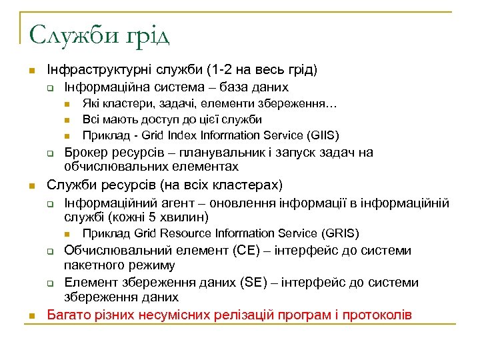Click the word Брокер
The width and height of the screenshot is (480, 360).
(85, 153)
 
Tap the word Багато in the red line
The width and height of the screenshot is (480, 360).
(67, 314)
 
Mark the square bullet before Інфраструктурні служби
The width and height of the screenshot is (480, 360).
(23, 71)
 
